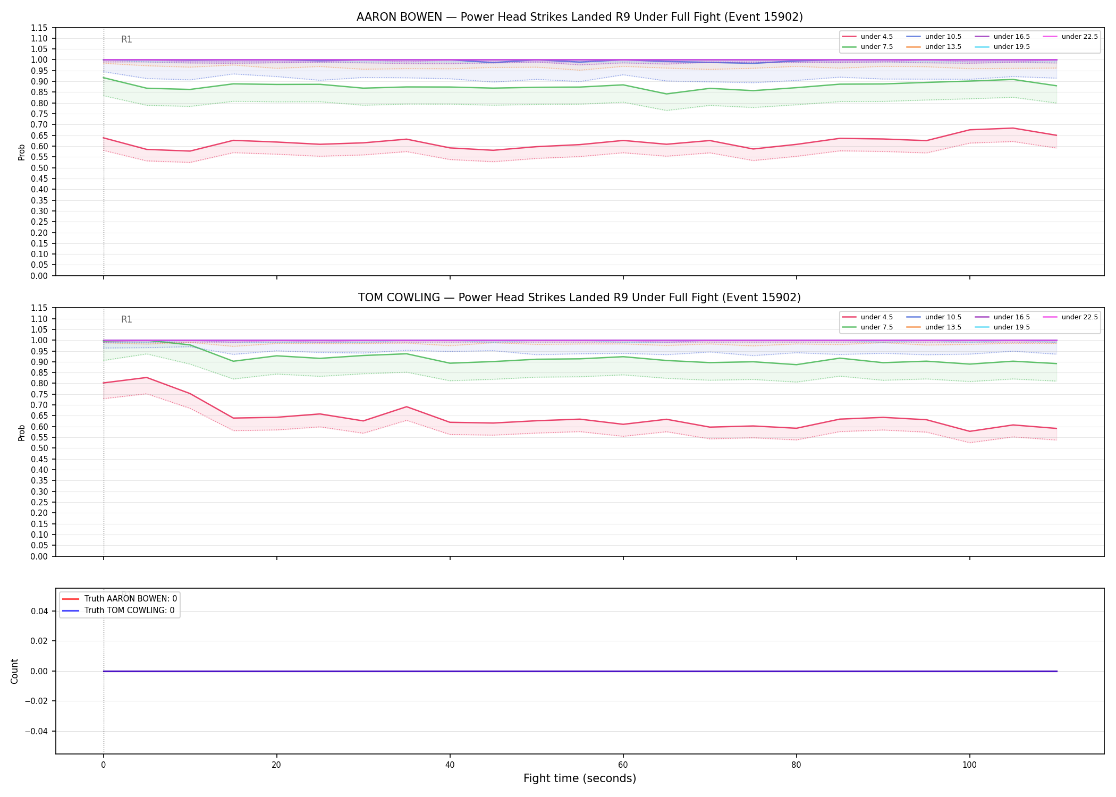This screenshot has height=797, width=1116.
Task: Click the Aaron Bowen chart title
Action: coord(579,17)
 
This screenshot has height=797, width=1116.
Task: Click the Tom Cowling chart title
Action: coord(579,298)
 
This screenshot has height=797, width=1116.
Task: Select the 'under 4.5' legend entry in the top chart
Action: coord(868,37)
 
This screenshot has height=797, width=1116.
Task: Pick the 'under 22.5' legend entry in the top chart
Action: coord(1070,37)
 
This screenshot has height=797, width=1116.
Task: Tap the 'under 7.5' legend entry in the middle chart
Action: coord(868,327)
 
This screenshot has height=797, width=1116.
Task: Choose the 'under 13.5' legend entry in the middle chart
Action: coord(934,327)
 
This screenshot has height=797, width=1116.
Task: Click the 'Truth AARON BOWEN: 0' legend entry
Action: coord(120,599)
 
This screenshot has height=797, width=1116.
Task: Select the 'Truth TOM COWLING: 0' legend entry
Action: coord(119,611)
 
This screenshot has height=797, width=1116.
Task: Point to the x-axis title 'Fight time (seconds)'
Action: coord(580,778)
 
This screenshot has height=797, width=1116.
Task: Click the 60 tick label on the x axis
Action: coord(623,765)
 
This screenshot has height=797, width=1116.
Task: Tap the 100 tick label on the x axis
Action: coord(969,765)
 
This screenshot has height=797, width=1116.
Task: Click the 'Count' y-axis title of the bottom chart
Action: coord(14,671)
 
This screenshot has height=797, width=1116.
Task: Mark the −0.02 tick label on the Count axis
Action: coord(37,701)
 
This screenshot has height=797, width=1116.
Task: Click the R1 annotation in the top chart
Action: coord(126,39)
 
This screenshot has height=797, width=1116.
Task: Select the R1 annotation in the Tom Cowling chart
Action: coord(126,319)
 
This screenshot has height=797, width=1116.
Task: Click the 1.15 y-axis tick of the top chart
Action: coord(40,28)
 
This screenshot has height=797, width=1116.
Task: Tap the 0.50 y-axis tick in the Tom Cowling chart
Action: coord(40,448)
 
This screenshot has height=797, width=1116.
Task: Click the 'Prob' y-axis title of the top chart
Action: coord(22,152)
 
